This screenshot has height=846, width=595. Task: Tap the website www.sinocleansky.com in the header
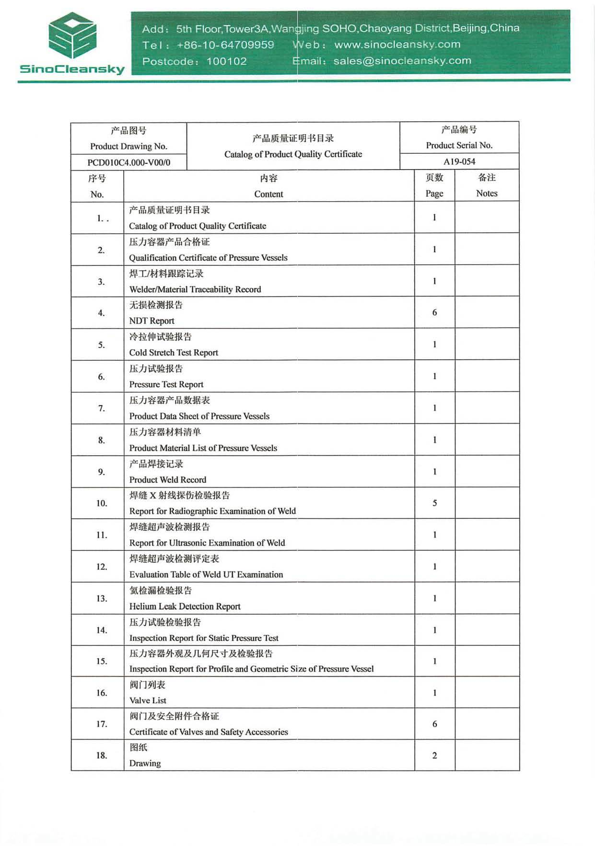click(397, 45)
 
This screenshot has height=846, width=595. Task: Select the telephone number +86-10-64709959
click(225, 45)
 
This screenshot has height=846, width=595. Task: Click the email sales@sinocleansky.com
click(402, 61)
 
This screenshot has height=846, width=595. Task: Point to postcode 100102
click(226, 61)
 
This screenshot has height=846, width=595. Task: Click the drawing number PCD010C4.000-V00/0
click(128, 162)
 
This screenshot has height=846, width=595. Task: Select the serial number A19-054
click(459, 161)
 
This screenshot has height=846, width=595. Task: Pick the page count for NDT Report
click(434, 312)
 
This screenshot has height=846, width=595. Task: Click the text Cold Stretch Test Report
click(174, 353)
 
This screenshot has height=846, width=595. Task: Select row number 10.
click(102, 503)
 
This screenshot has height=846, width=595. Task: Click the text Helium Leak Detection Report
click(185, 606)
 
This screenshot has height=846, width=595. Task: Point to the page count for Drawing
click(434, 755)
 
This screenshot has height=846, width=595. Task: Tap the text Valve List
click(148, 700)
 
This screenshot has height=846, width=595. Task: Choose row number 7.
click(102, 408)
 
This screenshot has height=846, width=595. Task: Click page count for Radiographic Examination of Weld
click(434, 503)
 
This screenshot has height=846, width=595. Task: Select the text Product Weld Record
click(167, 480)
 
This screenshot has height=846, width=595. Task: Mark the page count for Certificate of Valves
click(434, 724)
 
